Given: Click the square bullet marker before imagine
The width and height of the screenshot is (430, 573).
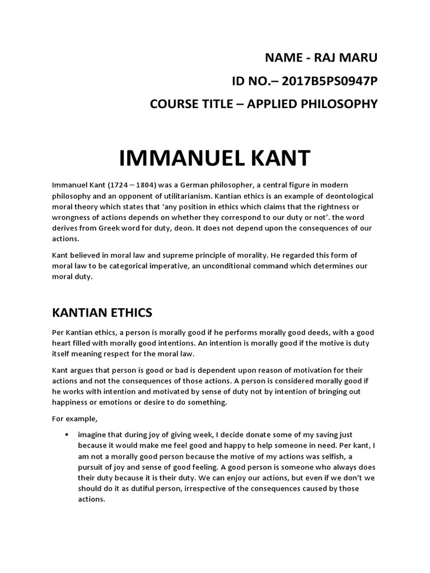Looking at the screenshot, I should [x=67, y=434].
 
